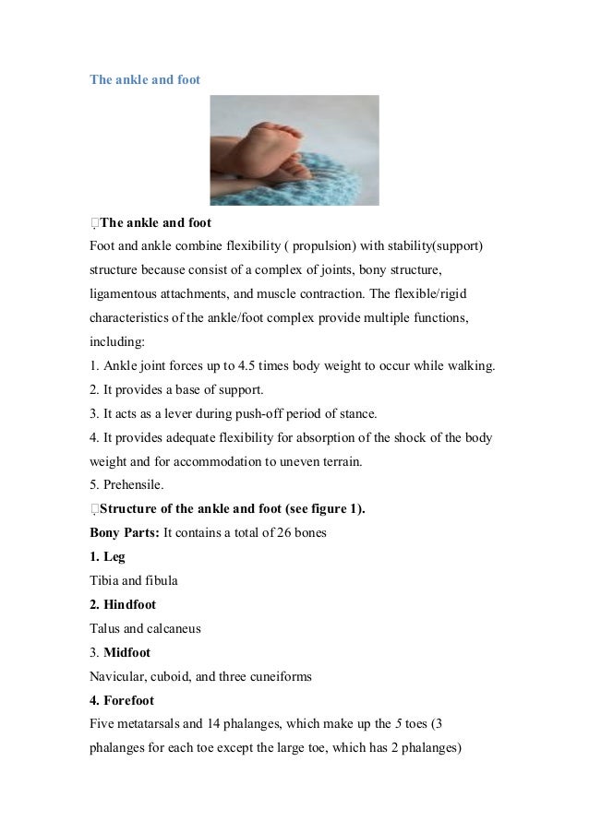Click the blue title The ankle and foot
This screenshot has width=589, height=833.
click(x=144, y=79)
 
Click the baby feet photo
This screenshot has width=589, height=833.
click(x=294, y=149)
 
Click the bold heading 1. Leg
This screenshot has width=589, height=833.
click(x=107, y=556)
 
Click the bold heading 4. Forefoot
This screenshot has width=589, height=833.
click(x=129, y=700)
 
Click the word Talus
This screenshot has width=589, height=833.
click(x=106, y=628)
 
